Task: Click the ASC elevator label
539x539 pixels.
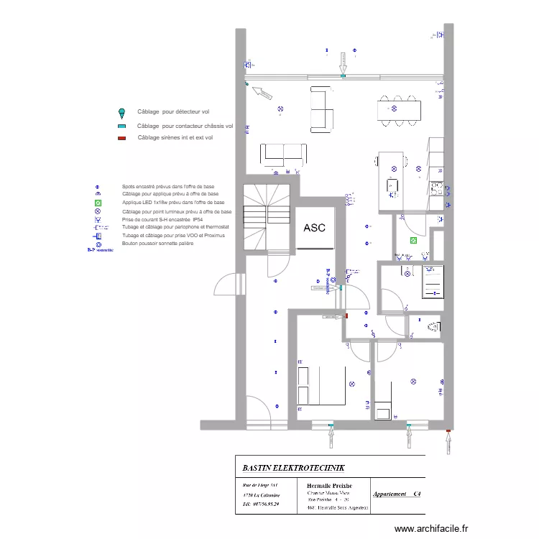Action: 314,228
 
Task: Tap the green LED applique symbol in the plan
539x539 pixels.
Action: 413,241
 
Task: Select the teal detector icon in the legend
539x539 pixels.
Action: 121,113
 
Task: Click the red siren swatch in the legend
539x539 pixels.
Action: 121,137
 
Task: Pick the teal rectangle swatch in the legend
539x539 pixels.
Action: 121,126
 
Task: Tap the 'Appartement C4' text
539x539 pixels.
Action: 396,494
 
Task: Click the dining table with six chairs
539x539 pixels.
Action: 398,109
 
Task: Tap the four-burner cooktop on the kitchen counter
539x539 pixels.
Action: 436,188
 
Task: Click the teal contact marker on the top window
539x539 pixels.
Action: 343,75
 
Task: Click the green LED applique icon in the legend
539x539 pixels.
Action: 98,203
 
